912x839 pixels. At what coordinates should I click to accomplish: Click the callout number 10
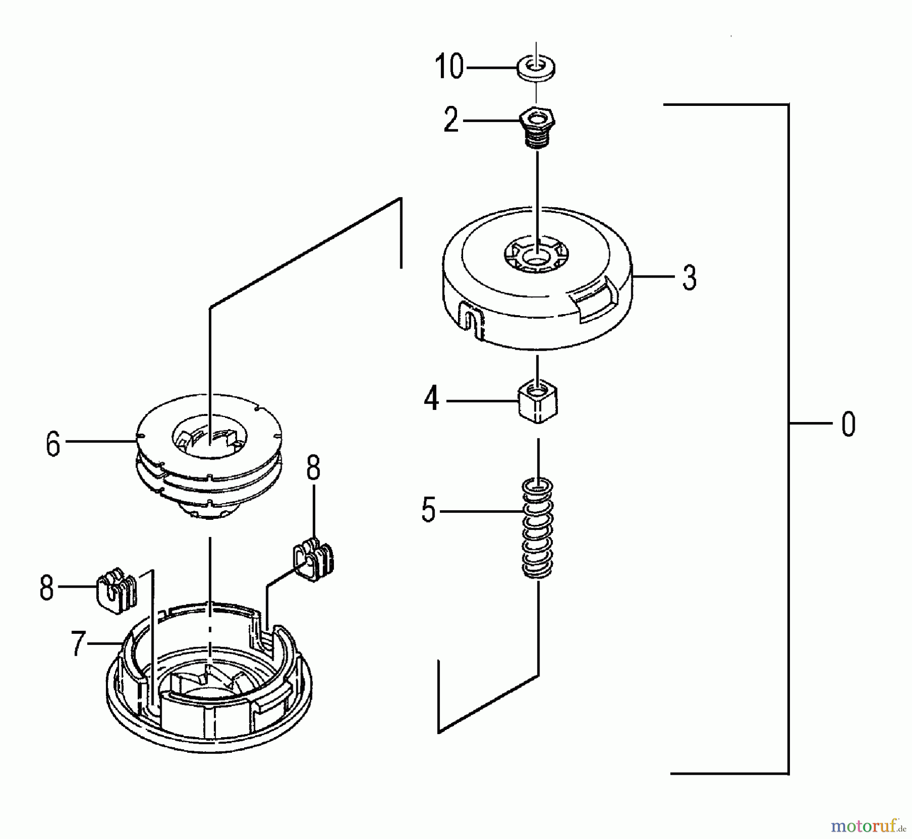click(x=449, y=67)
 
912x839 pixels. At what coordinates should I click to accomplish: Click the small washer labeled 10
click(x=536, y=67)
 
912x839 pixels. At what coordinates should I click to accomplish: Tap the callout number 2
click(x=451, y=121)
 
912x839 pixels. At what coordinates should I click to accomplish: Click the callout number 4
click(x=431, y=400)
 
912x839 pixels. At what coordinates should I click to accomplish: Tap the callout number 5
click(x=429, y=511)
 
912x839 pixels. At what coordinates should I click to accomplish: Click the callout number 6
click(x=53, y=444)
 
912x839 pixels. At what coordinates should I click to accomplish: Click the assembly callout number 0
click(x=848, y=424)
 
